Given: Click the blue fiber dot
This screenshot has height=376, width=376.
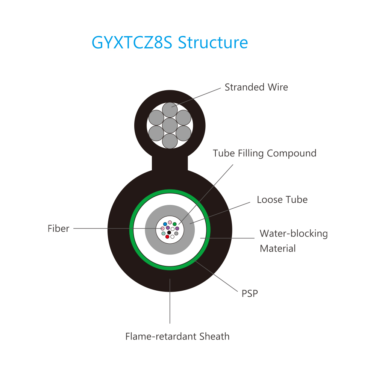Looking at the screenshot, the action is [165, 224].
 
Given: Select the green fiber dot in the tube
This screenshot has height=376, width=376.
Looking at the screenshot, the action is [174, 224].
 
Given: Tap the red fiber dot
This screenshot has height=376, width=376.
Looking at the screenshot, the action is [167, 237].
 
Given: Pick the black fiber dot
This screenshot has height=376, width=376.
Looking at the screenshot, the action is [169, 232].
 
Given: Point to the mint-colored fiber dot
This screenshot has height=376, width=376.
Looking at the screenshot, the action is [163, 233].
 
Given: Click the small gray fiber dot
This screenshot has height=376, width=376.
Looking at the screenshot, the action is [176, 233].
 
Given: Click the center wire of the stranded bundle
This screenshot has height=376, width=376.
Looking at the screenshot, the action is [170, 126].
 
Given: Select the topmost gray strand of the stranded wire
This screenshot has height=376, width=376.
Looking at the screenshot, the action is [170, 110].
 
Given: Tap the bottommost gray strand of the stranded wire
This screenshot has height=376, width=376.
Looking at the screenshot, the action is [170, 141].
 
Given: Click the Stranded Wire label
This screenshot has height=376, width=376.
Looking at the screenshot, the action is [256, 87].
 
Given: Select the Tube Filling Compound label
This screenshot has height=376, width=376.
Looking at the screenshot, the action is [264, 153].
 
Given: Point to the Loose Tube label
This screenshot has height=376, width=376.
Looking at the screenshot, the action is [282, 200].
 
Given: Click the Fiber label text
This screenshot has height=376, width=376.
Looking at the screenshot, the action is [58, 229].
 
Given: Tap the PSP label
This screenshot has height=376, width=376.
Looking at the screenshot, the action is [250, 294].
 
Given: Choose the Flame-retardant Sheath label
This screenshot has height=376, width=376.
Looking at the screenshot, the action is [177, 337].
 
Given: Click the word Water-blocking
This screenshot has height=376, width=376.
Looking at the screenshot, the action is [294, 233].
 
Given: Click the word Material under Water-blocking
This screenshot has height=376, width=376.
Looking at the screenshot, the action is [278, 249].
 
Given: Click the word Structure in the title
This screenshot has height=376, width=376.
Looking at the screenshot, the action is [213, 42].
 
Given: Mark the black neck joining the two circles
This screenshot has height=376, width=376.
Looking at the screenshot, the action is [170, 163].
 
